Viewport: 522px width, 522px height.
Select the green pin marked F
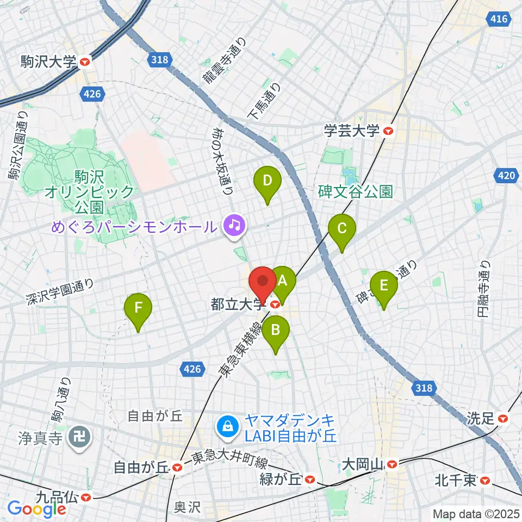pyautogui.click(x=138, y=308)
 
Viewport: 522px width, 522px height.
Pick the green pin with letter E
pyautogui.click(x=384, y=285)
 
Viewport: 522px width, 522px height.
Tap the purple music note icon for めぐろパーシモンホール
pyautogui.click(x=235, y=224)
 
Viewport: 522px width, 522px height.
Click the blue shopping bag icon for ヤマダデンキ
pyautogui.click(x=226, y=426)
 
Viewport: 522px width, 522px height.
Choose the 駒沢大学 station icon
pyautogui.click(x=84, y=63)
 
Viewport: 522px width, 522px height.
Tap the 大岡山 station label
pyautogui.click(x=363, y=464)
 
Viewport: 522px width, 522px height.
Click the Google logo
pyautogui.click(x=36, y=509)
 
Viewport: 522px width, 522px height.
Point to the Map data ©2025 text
pyautogui.click(x=476, y=513)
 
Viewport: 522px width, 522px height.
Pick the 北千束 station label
pyautogui.click(x=456, y=480)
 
